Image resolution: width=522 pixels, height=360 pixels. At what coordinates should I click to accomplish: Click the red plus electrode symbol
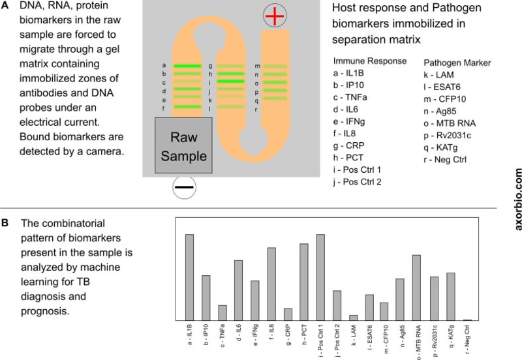point(275,16)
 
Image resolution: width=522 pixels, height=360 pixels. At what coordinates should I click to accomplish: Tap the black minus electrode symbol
point(184,187)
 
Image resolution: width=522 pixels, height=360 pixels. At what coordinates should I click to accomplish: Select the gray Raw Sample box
point(183,145)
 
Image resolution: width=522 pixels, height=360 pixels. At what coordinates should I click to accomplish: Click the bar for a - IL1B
point(189,277)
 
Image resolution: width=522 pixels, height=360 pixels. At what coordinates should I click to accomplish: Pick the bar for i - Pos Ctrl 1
point(320,277)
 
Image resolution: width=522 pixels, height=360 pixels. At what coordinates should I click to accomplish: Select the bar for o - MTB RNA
point(416,288)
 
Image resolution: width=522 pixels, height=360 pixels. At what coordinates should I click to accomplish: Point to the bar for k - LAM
point(354,318)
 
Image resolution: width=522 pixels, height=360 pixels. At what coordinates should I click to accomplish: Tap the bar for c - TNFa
point(223,313)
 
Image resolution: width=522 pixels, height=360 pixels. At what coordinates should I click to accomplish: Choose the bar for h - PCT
point(304,282)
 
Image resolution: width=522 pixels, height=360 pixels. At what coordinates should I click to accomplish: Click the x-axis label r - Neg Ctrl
point(467,339)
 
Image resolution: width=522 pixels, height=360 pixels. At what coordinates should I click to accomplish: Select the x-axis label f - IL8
point(271,332)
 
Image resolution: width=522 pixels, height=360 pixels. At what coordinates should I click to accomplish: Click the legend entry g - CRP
point(349,145)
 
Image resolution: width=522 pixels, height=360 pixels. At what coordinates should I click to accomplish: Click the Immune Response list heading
point(370,61)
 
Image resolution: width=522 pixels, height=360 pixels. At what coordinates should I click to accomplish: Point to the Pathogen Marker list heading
point(457,63)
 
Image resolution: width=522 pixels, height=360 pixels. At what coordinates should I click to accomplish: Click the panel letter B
point(5,223)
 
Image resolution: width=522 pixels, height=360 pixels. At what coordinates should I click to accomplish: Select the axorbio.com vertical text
point(517,200)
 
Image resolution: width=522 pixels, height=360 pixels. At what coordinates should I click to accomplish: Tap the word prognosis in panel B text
point(45,312)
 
